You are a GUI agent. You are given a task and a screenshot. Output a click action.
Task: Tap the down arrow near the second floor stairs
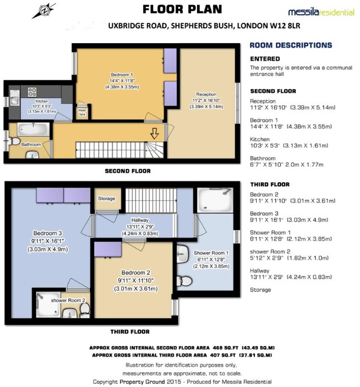pos(155,134)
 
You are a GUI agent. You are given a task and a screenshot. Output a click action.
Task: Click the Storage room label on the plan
pos(106,199)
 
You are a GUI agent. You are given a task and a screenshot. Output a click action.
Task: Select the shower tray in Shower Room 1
pos(214,199)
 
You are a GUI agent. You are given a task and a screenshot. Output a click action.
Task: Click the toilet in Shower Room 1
pos(185,280)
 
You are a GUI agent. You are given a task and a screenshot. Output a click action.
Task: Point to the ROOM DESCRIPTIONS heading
pos(291,45)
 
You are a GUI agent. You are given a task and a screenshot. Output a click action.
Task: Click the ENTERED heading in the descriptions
pos(265,59)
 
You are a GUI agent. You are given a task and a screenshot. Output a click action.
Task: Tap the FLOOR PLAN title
pos(182,9)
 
